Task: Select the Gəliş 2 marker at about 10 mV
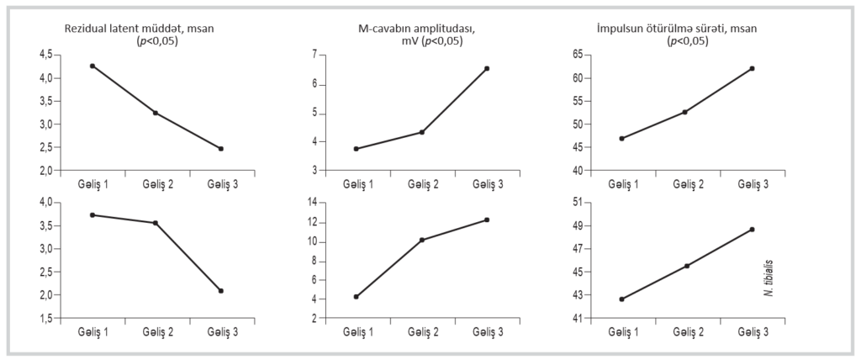point(421,240)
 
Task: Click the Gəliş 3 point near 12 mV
point(487,220)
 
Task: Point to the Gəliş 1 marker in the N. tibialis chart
point(621,299)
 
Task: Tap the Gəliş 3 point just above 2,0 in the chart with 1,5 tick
point(220,290)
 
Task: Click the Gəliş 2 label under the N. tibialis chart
point(686,331)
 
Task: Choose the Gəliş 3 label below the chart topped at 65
point(752,183)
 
